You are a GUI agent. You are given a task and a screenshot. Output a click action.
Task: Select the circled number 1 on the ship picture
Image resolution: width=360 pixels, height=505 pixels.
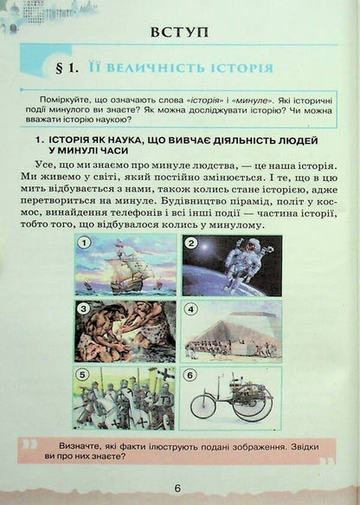[x=83, y=243]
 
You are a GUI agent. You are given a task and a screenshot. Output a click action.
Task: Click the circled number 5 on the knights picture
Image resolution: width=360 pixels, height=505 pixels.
[x=83, y=375]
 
